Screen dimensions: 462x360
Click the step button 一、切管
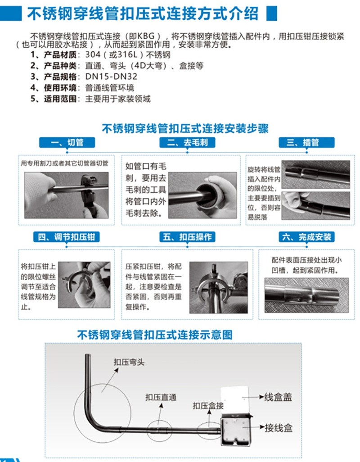(67, 143)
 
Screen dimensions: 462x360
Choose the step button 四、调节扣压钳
(67, 237)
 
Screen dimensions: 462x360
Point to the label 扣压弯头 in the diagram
(128, 362)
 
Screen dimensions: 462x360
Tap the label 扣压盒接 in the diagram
(208, 406)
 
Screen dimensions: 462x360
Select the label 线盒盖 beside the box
(278, 397)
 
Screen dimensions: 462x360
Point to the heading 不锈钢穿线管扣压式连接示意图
(155, 335)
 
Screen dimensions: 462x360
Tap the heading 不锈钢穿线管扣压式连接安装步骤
(185, 128)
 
